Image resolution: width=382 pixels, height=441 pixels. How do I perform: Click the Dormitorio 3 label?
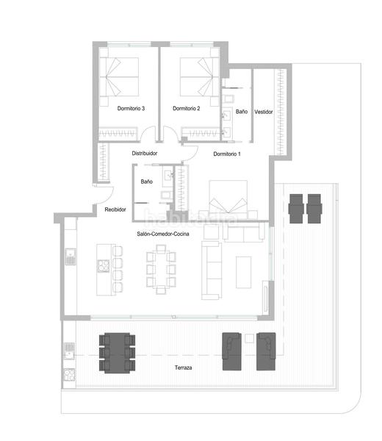tap(131, 109)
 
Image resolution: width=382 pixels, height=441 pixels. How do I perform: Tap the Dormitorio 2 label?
tap(187, 109)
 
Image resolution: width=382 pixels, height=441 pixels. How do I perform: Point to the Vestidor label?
tap(264, 112)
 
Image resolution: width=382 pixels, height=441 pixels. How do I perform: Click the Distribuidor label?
tap(145, 153)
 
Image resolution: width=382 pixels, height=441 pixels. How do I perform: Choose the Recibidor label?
tap(115, 209)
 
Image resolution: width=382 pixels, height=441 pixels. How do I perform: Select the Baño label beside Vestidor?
tap(242, 112)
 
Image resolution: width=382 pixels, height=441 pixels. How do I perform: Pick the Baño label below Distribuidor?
tap(146, 181)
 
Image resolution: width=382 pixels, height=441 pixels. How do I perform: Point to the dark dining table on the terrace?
tap(118, 352)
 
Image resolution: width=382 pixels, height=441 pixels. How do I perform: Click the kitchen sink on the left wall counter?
tap(71, 257)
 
